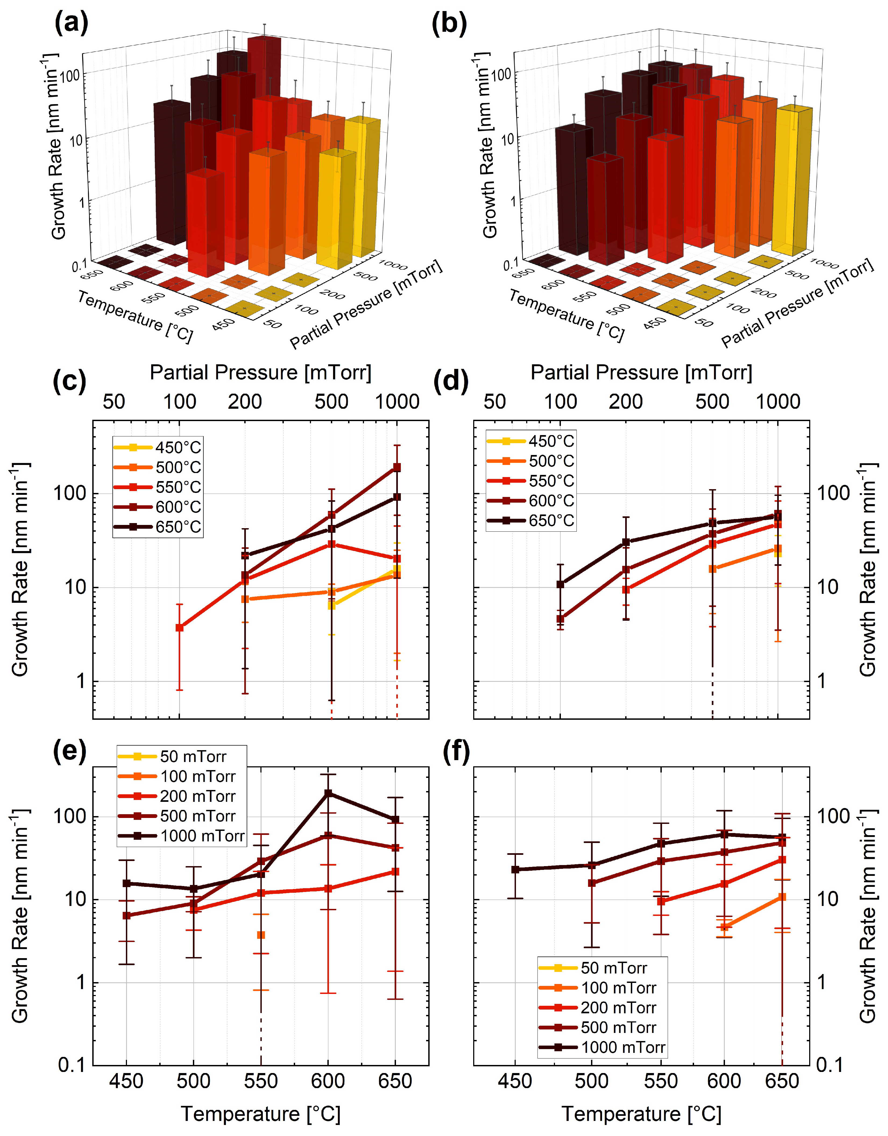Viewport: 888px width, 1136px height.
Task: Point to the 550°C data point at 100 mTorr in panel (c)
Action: [x=179, y=628]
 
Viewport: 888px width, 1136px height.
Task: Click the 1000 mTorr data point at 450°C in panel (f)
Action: [x=515, y=869]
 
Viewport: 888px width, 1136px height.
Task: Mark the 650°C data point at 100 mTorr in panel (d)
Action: [x=560, y=584]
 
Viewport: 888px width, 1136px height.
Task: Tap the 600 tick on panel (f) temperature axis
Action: [x=724, y=1081]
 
